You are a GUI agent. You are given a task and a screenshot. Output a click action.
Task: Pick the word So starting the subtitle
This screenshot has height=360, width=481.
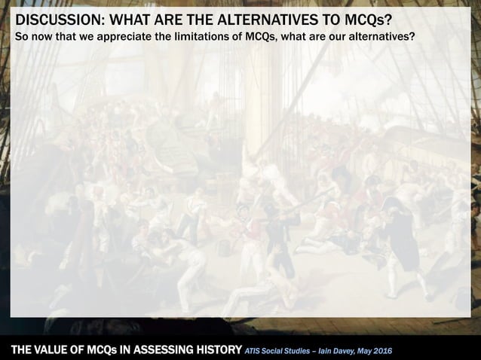pyautogui.click(x=23, y=38)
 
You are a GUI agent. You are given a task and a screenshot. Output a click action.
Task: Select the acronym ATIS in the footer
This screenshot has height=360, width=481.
pyautogui.click(x=256, y=349)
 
